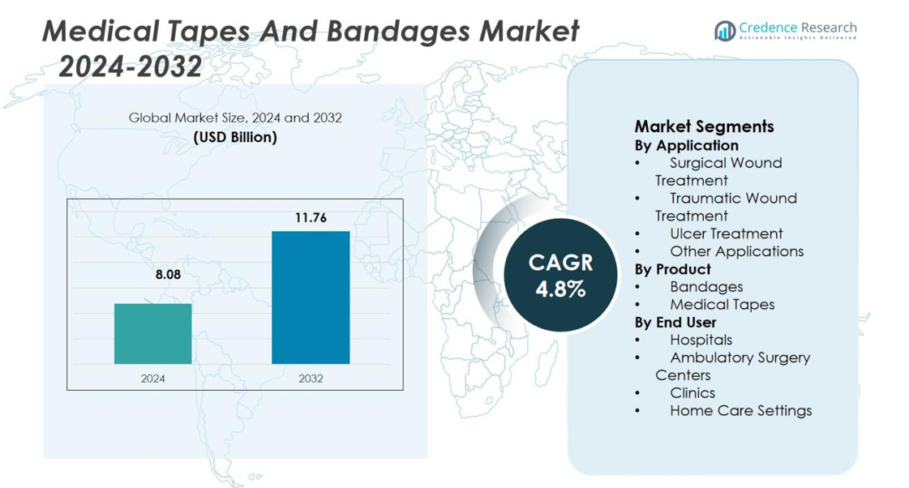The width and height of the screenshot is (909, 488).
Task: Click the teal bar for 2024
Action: [x=152, y=333]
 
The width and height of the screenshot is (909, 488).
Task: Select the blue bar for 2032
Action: [x=311, y=298]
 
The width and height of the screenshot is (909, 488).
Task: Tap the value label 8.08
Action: [x=168, y=275]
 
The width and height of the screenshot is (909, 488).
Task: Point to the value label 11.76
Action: [x=311, y=217]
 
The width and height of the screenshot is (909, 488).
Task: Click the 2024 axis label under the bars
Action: [x=152, y=378]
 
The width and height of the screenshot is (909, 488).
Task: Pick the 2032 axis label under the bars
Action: [x=311, y=378]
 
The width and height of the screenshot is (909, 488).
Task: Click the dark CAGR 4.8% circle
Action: [x=560, y=276]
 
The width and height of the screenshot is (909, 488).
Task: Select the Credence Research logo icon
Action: [x=724, y=31]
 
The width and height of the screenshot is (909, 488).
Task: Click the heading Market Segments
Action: [x=704, y=126]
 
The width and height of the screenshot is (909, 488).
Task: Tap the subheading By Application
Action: [x=686, y=145]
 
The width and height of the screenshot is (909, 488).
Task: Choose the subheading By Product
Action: [x=672, y=269]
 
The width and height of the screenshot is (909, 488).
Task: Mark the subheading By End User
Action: [x=675, y=322]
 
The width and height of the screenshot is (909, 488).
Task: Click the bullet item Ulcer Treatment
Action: [x=726, y=233]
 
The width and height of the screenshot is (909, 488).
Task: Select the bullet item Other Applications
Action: [x=736, y=251]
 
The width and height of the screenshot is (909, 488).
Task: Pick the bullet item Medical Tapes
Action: [x=722, y=304]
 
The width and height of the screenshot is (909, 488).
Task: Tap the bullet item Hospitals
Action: [x=701, y=340]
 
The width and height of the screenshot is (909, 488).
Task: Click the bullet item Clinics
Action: [x=692, y=392]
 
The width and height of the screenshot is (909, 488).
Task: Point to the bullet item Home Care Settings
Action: [x=740, y=410]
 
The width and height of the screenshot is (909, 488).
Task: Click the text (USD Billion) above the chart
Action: [x=235, y=137]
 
